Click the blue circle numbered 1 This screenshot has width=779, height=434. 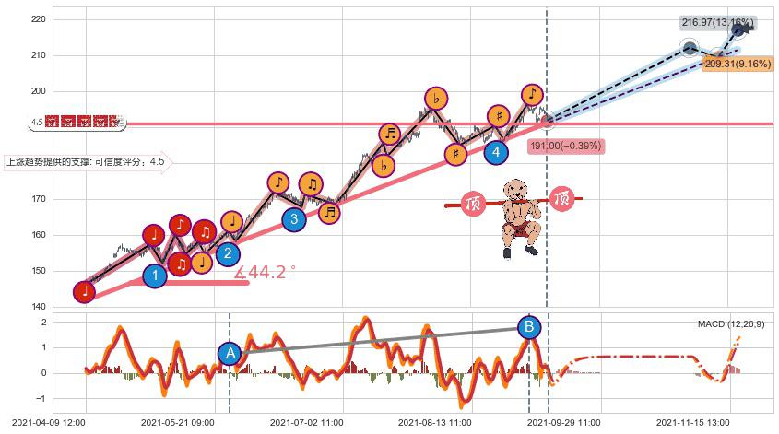pos(156,275)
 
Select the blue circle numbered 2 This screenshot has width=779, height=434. pos(228,254)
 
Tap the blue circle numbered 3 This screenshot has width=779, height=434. pos(294,218)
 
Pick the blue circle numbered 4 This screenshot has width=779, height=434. pos(496,151)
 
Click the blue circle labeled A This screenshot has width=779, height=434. pos(230,353)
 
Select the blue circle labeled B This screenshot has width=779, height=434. pos(529,326)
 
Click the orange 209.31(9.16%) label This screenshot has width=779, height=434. pos(737,64)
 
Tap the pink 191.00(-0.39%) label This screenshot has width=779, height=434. pos(566,146)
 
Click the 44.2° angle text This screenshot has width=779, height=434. pos(266,273)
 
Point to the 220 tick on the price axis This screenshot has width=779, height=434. pos(39,19)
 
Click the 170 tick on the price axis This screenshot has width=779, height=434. pos(39,199)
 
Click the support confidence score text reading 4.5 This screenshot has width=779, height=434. pos(158,162)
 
